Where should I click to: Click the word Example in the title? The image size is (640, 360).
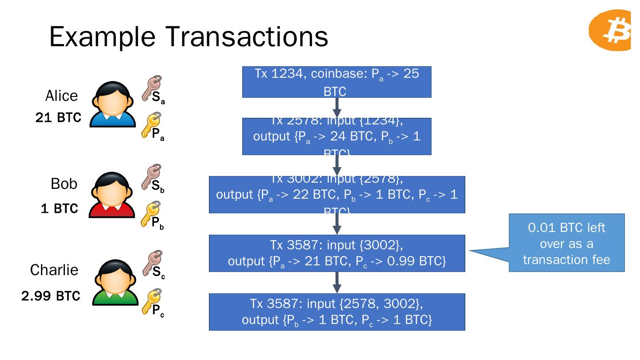103,36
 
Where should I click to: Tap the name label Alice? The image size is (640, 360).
61,96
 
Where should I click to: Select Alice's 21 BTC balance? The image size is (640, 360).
58,118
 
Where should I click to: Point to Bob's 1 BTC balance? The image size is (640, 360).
59,208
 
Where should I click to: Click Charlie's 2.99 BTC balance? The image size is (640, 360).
51,296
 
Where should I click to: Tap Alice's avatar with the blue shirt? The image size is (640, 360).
113,105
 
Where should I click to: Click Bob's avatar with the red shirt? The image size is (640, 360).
112,195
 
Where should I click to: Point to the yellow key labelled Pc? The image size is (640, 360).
151,301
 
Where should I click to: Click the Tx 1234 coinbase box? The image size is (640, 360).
336,82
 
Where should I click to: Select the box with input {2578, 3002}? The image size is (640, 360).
336,312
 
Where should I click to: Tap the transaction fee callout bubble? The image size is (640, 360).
566,243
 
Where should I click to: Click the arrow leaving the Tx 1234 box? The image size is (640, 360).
337,108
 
